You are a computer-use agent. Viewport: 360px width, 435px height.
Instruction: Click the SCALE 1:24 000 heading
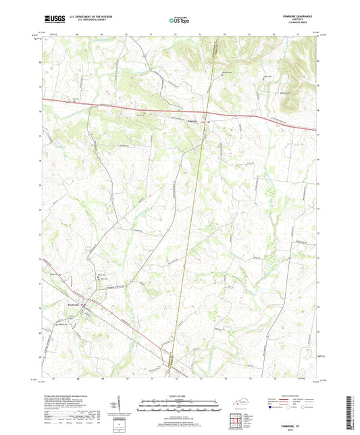(179, 395)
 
